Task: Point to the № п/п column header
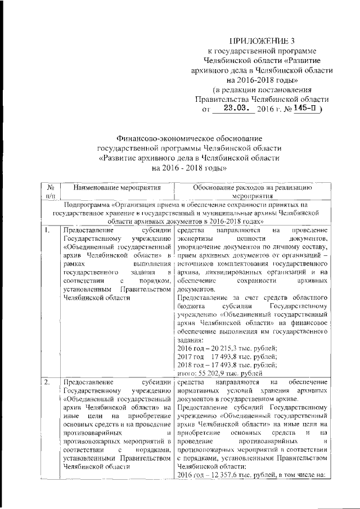[50, 191]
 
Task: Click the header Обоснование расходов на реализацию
[252, 187]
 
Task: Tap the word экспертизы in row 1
[195, 238]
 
